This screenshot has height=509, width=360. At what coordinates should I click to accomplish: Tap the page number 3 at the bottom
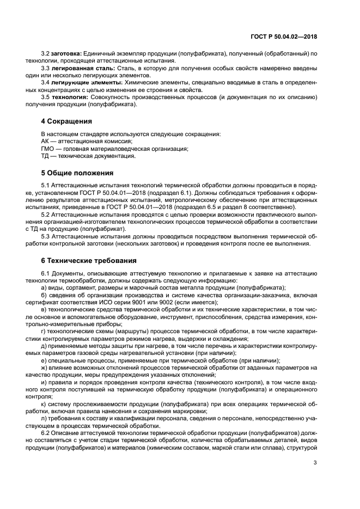point(315,463)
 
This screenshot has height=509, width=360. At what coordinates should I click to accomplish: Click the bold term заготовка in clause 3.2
point(66,53)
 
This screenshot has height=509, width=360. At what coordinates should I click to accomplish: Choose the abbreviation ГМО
point(48,149)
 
